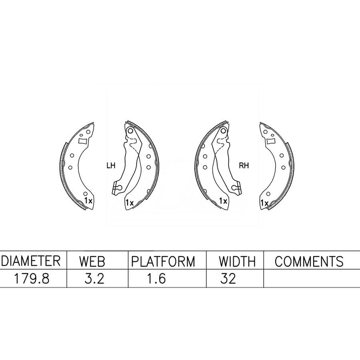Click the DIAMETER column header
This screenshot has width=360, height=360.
coord(31,261)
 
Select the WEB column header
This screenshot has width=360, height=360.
coord(92,261)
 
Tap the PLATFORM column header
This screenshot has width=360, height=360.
coord(163,261)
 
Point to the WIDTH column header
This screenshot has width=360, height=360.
coord(237,261)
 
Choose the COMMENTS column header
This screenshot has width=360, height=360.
coord(309,261)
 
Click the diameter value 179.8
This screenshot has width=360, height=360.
coord(32,279)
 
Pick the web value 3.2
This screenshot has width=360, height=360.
coord(94,279)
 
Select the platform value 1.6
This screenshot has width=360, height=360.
coord(156,279)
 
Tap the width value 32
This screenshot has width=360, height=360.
coord(228,279)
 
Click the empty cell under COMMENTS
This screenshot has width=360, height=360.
coord(312,278)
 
